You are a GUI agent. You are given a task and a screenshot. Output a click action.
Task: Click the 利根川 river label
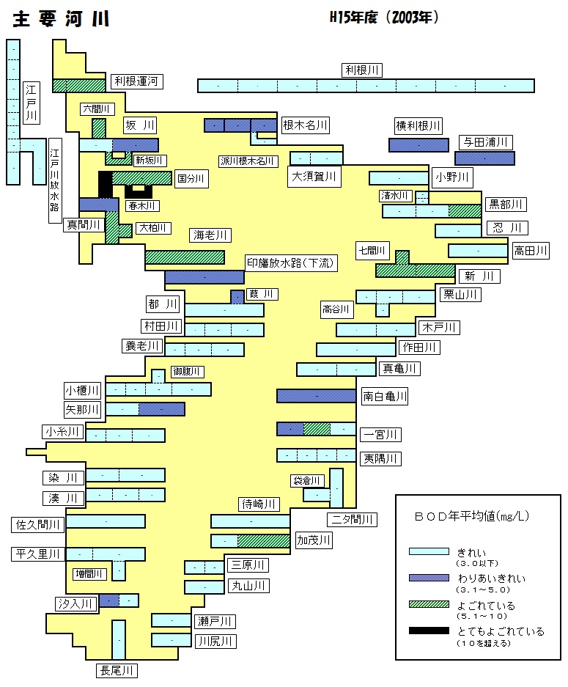(x=362, y=70)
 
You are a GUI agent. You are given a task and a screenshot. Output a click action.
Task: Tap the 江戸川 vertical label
(x=31, y=103)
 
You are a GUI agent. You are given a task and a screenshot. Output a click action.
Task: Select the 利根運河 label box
(x=136, y=81)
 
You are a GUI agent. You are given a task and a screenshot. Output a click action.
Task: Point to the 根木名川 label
(x=305, y=125)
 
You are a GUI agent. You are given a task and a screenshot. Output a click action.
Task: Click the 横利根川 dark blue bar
(x=418, y=145)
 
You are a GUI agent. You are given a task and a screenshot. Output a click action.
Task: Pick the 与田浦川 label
(x=486, y=142)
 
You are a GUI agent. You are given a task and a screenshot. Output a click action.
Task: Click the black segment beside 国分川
(x=105, y=184)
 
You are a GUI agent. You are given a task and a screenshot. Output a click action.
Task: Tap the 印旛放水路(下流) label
(x=290, y=263)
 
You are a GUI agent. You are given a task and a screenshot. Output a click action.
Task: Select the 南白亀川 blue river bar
(x=316, y=396)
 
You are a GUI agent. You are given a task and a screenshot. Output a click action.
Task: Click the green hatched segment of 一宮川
(x=317, y=429)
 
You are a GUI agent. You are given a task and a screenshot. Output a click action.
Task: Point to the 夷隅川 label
(x=380, y=459)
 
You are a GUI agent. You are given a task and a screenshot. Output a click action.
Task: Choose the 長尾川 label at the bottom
(x=117, y=670)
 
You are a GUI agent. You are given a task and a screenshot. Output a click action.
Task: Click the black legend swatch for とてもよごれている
(x=429, y=631)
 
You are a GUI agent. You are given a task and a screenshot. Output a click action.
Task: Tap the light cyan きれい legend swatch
(x=429, y=551)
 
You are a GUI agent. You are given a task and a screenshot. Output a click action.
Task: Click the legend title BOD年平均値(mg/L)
(x=472, y=516)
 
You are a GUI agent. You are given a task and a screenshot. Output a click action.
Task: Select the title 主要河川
(x=61, y=19)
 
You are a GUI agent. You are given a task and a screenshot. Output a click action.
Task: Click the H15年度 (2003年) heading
(x=383, y=18)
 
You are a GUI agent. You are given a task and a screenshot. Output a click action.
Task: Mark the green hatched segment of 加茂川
(x=264, y=541)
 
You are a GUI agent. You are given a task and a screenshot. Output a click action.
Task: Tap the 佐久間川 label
(x=37, y=524)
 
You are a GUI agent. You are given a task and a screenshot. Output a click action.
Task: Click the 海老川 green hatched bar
(x=185, y=257)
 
